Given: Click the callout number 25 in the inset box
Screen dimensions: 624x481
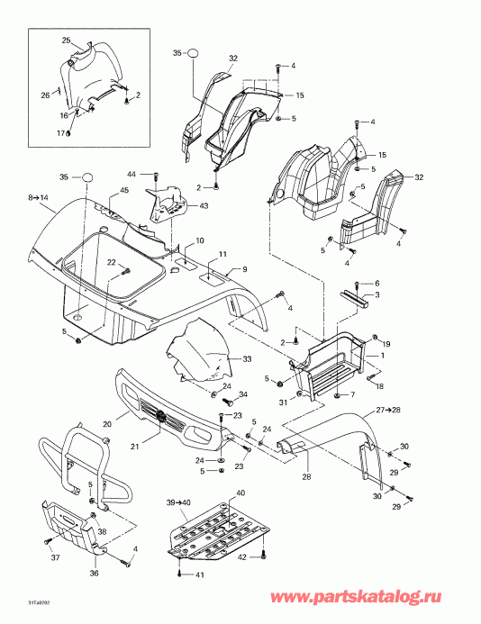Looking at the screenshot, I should pyautogui.click(x=66, y=41).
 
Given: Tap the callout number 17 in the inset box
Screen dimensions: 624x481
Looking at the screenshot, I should pyautogui.click(x=63, y=133).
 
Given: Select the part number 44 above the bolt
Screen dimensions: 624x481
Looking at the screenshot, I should pyautogui.click(x=131, y=174).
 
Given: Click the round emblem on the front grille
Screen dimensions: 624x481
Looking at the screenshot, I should pyautogui.click(x=160, y=416).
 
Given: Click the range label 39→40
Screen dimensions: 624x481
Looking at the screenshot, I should pyautogui.click(x=177, y=502).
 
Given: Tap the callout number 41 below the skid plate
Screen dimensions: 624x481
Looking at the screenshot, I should pyautogui.click(x=202, y=574).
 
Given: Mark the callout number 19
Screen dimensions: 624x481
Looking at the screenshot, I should pyautogui.click(x=387, y=345).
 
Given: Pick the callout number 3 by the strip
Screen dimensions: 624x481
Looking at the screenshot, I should pyautogui.click(x=377, y=294).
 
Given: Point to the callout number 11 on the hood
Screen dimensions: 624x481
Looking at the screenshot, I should pyautogui.click(x=222, y=255).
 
